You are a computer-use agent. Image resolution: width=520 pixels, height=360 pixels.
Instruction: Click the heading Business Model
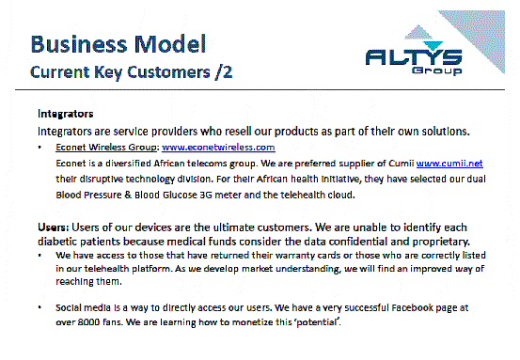click(x=118, y=44)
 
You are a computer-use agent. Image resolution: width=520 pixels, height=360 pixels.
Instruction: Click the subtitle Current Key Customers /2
click(x=132, y=72)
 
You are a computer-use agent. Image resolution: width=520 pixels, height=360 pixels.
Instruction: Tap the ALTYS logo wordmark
click(x=414, y=57)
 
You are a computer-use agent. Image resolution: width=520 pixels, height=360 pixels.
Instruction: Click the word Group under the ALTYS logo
click(x=436, y=70)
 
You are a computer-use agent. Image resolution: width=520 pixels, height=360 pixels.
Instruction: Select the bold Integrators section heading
click(x=65, y=114)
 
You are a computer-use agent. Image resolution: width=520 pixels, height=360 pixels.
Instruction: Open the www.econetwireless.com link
click(x=218, y=148)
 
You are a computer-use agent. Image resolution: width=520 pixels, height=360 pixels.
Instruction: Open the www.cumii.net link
click(x=449, y=164)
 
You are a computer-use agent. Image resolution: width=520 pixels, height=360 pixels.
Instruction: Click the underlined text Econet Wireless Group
click(x=106, y=148)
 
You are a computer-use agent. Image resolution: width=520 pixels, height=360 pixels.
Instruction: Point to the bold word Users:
click(x=54, y=227)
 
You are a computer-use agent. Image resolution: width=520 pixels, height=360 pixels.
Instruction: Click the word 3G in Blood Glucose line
click(x=206, y=195)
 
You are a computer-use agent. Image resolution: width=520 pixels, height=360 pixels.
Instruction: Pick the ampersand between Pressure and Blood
click(x=128, y=195)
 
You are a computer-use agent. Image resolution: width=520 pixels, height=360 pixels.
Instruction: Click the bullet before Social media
click(x=39, y=307)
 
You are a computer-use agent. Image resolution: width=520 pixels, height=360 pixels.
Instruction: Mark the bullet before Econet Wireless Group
click(x=39, y=147)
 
